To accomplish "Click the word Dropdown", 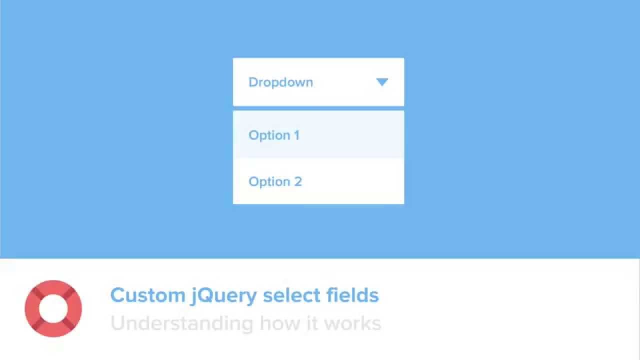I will pos(280,82).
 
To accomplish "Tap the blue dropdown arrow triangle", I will pos(382,82).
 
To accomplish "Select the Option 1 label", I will pos(274,135).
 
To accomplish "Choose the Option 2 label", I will pos(275,181).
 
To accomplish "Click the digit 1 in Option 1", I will pos(296,135).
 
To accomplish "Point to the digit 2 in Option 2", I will pos(298,181).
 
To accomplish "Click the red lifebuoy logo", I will pos(53,308).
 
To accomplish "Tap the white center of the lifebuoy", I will pos(53,308).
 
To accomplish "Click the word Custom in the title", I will pos(147,295).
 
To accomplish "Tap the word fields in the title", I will pos(352,295).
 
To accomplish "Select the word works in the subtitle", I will pos(352,323).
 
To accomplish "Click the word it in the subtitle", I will pos(311,323).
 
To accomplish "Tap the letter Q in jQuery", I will pos(207,295).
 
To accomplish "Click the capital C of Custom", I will pos(118,295).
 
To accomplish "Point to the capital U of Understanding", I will pos(118,323).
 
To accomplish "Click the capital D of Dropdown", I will pos(253,82).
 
